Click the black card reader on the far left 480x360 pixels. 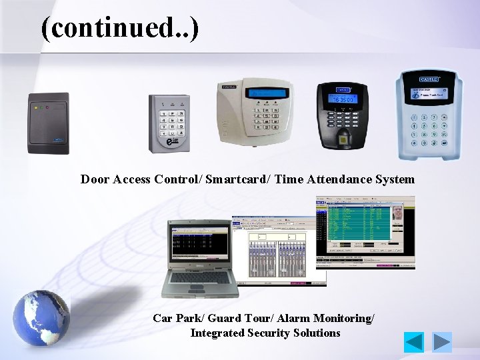click(48, 123)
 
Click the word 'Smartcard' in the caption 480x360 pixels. click(236, 179)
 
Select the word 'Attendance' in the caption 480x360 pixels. click(337, 179)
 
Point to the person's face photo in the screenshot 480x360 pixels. click(399, 215)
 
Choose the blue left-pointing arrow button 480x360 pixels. click(414, 342)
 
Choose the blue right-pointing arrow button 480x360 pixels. click(441, 342)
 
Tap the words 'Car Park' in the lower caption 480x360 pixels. click(175, 319)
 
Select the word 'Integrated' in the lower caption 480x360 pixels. click(217, 333)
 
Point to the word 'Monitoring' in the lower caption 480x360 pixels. click(342, 319)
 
